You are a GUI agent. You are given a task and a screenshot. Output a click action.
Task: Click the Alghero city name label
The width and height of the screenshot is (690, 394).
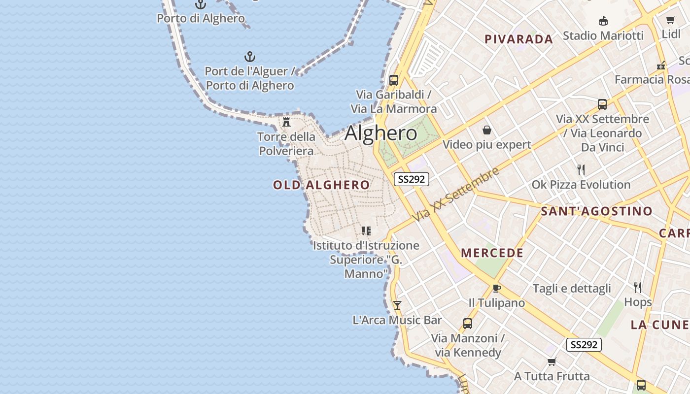pyautogui.click(x=381, y=133)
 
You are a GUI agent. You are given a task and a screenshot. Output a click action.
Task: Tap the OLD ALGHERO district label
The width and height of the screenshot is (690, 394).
pyautogui.click(x=321, y=185)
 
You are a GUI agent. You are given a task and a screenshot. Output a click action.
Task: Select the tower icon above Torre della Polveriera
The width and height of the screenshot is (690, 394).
pyautogui.click(x=286, y=122)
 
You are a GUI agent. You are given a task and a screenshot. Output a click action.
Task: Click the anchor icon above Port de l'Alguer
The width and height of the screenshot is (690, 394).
pyautogui.click(x=250, y=57)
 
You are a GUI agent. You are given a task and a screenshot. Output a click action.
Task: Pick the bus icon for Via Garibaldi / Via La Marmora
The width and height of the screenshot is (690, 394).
pyautogui.click(x=394, y=80)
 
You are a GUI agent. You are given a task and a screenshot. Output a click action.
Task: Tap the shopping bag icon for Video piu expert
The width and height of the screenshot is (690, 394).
pyautogui.click(x=487, y=130)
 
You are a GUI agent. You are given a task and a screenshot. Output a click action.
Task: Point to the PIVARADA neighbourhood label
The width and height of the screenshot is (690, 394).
pyautogui.click(x=519, y=39)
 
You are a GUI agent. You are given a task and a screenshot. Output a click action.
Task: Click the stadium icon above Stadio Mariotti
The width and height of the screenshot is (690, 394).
pyautogui.click(x=603, y=21)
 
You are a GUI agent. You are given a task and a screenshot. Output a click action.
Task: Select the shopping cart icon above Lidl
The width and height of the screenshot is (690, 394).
pyautogui.click(x=671, y=20)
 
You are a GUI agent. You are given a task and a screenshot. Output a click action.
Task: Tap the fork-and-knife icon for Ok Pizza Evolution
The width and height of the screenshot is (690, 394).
pyautogui.click(x=581, y=170)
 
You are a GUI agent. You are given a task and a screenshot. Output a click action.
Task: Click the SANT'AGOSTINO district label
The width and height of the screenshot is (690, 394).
pyautogui.click(x=596, y=211)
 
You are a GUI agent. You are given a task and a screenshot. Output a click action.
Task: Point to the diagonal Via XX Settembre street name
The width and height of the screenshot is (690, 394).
pyautogui.click(x=456, y=194)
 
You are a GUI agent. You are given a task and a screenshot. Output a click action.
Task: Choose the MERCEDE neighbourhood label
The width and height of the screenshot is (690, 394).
pyautogui.click(x=492, y=253)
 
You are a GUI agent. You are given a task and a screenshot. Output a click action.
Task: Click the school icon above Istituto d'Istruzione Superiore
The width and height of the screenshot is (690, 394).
pyautogui.click(x=366, y=230)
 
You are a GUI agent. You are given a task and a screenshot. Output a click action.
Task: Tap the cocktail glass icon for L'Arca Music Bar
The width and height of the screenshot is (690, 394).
pyautogui.click(x=397, y=305)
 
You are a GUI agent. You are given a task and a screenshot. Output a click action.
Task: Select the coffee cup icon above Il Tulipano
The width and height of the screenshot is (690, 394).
pyautogui.click(x=497, y=288)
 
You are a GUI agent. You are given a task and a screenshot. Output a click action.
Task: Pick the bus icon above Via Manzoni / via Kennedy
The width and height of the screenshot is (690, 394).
pyautogui.click(x=468, y=324)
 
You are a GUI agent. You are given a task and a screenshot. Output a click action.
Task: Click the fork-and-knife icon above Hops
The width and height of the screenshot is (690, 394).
pyautogui.click(x=638, y=287)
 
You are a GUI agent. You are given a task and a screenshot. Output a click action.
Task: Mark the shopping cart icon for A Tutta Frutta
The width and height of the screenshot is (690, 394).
pyautogui.click(x=552, y=362)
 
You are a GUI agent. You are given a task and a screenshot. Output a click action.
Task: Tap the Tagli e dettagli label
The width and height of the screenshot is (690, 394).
pyautogui.click(x=572, y=289)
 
